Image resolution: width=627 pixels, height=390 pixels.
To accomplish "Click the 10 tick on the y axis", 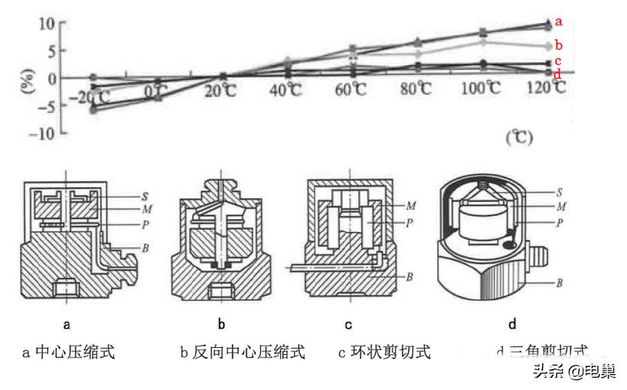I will click(46, 23).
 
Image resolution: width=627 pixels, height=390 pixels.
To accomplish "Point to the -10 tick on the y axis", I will click(44, 133).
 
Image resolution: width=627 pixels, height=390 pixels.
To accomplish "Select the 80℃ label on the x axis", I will click(417, 90).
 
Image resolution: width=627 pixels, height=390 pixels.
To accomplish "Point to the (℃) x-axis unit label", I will click(518, 138).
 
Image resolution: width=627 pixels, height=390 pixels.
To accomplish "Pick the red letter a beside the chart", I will click(559, 21).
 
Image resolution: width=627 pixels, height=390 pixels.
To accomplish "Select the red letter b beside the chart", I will click(559, 46).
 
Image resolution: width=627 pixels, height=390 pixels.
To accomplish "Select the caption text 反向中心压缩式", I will click(249, 353).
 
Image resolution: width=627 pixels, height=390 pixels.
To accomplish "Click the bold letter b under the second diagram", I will click(222, 323).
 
